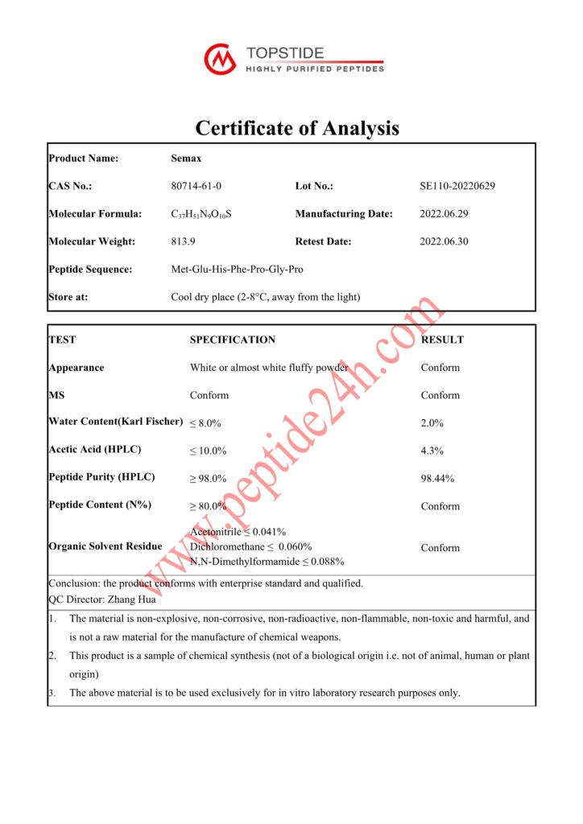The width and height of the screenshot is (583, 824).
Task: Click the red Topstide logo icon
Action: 220,59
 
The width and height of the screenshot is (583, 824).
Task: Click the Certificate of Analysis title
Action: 297,128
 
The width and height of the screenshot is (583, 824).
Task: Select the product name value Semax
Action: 183,159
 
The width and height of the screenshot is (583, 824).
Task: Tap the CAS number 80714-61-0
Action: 196,186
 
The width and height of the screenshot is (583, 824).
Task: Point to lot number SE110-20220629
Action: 457,186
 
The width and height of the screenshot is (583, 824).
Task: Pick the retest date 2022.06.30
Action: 444,241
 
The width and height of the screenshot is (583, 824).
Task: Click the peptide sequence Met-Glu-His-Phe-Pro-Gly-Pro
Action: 238,270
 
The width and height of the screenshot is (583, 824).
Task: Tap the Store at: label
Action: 68,297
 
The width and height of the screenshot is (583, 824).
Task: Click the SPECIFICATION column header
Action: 232,340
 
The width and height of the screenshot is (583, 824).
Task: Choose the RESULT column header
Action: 442,340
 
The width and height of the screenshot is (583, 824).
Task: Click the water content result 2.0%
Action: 432,423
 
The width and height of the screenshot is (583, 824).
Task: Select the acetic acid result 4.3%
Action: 432,451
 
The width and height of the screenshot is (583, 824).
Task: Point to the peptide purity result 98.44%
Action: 437,479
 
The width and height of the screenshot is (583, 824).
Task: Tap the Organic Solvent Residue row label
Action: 105,546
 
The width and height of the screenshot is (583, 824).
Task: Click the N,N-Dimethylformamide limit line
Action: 267,562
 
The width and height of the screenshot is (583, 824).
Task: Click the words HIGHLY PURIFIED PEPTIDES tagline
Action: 315,70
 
